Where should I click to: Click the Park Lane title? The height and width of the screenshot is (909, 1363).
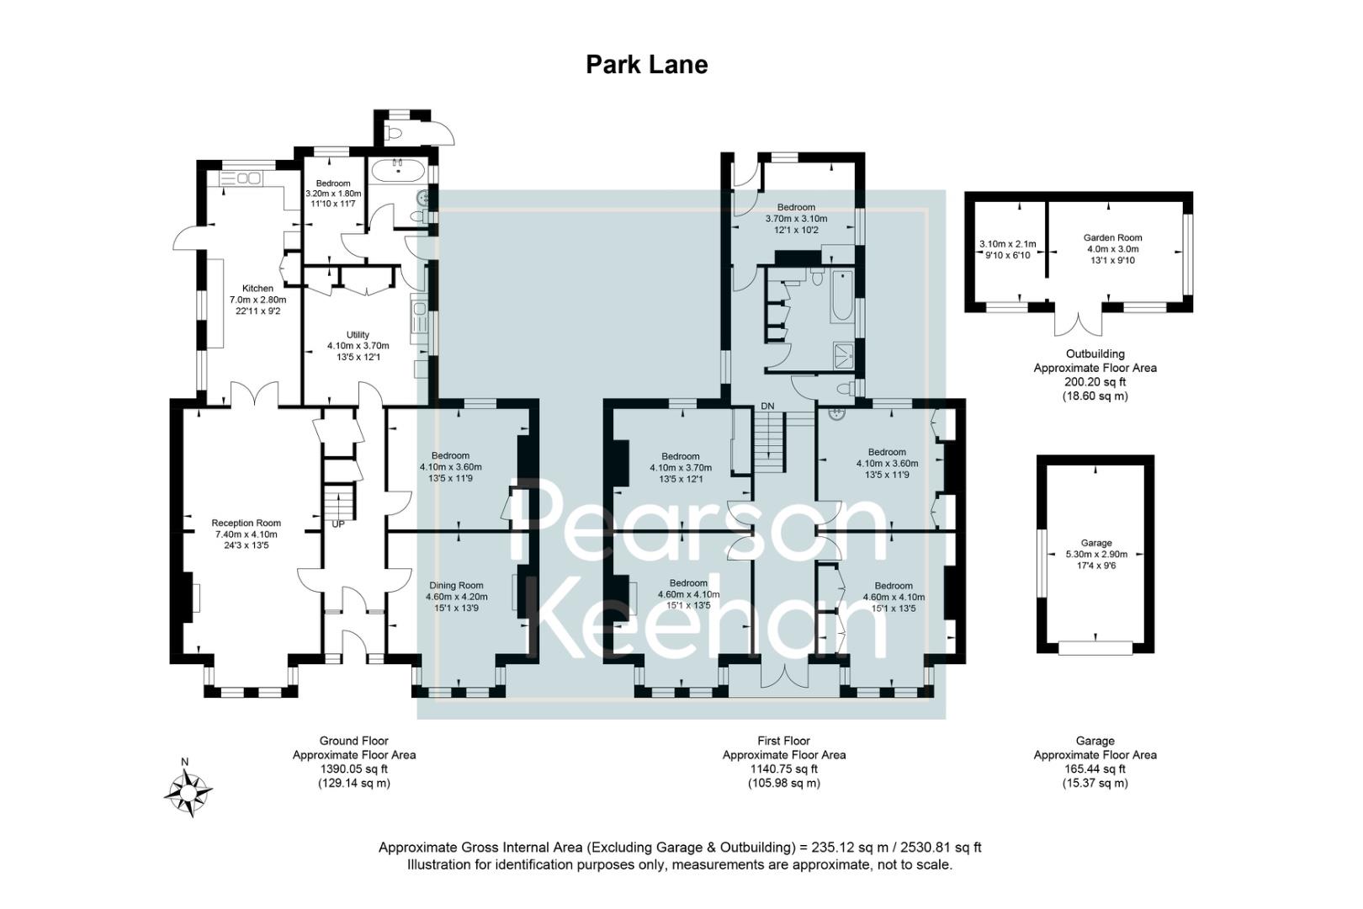click(x=646, y=65)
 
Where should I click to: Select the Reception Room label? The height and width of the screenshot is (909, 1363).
click(x=246, y=524)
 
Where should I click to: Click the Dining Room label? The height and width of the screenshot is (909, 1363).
click(x=456, y=586)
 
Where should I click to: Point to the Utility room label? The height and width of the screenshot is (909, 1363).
click(x=358, y=335)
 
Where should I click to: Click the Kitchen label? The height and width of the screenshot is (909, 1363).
click(x=257, y=289)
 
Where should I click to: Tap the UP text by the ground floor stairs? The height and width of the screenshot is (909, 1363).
click(x=338, y=524)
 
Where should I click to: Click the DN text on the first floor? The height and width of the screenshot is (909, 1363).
click(x=767, y=407)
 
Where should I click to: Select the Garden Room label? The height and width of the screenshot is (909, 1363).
click(x=1112, y=238)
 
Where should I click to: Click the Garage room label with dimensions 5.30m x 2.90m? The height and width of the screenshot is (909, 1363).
click(x=1095, y=544)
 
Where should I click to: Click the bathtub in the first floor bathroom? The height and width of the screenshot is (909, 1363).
click(x=842, y=296)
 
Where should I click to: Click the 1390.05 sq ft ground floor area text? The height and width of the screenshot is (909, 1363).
click(x=353, y=768)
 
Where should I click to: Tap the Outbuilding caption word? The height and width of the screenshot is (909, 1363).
click(x=1095, y=354)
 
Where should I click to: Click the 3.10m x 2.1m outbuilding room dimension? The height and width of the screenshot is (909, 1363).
click(x=1007, y=244)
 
